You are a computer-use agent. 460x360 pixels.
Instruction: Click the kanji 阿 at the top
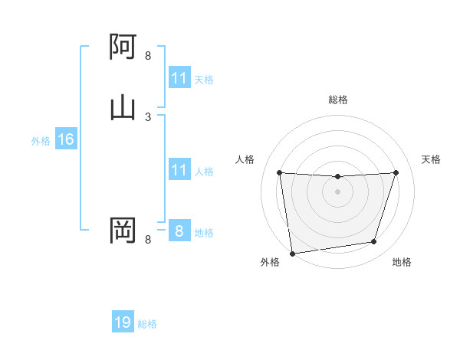point(123,47)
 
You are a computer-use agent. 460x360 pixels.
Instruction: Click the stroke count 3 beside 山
point(148,116)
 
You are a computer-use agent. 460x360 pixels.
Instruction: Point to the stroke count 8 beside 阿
point(148,56)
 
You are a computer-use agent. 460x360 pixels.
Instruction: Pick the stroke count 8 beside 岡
point(148,240)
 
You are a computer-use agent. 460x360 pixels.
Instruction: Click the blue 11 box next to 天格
point(179,78)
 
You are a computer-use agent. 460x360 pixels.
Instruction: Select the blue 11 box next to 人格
point(179,170)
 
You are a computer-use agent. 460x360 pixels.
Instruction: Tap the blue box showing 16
point(65,139)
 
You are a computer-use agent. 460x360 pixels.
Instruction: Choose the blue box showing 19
point(123,322)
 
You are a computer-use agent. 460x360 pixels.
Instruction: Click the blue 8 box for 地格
point(179,231)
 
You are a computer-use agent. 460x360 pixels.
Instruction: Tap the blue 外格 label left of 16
point(41,141)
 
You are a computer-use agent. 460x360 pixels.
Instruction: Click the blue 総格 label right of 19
point(147,324)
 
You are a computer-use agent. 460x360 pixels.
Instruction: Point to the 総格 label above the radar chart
point(338,100)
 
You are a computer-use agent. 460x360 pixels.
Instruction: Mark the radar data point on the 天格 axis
point(396,172)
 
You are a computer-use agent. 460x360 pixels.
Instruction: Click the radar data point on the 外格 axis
point(291,253)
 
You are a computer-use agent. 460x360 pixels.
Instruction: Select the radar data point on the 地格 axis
point(374,242)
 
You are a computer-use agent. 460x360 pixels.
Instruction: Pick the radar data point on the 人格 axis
point(279,172)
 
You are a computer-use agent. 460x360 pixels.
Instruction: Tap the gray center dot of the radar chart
point(337,191)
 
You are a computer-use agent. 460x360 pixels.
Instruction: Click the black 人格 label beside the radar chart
point(245,159)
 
